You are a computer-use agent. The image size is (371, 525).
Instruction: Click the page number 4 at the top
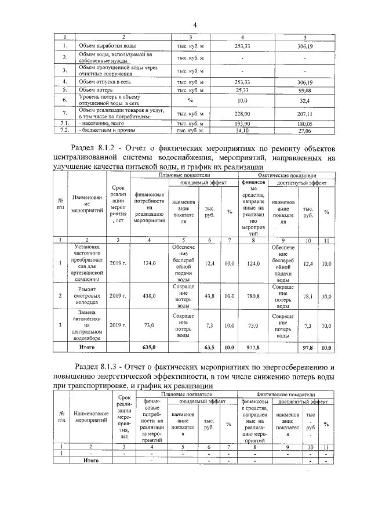(195, 25)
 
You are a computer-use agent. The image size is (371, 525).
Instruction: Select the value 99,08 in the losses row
(304, 90)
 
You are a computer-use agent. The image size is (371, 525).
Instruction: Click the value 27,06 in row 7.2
(304, 131)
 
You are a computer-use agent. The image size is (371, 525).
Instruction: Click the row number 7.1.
(66, 124)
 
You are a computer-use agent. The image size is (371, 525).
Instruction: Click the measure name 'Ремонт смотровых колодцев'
(88, 296)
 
